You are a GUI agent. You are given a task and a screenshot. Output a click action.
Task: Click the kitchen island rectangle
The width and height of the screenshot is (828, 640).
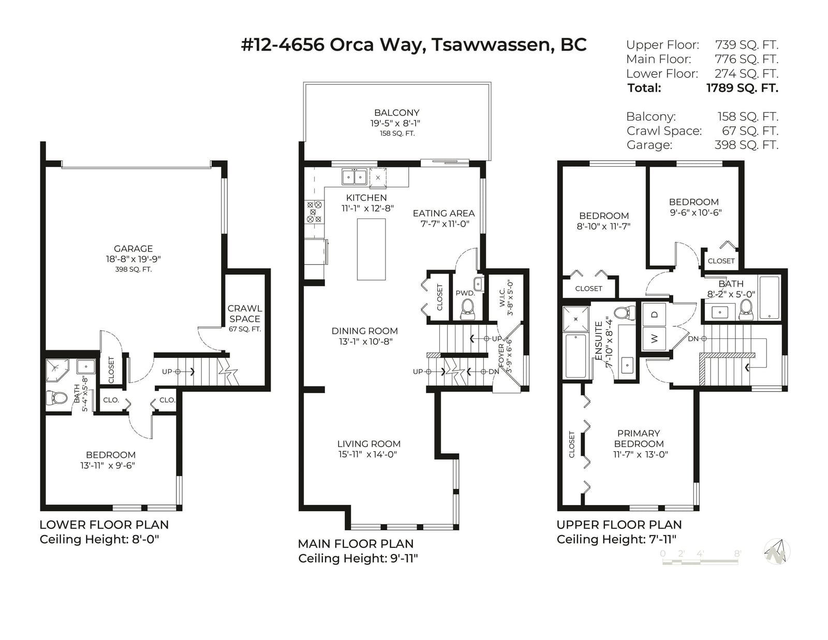[x=371, y=249]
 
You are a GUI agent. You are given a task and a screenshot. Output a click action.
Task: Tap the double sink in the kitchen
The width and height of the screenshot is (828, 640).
[x=354, y=177]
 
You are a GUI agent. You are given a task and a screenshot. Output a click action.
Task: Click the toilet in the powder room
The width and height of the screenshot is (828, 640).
[x=467, y=308]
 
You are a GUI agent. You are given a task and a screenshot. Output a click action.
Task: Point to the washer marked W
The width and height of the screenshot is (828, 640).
[x=654, y=338]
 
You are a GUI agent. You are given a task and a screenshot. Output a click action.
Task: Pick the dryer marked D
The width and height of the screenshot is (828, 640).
[x=654, y=315]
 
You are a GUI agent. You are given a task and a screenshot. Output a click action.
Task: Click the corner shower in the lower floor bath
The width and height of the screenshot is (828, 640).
[x=57, y=370]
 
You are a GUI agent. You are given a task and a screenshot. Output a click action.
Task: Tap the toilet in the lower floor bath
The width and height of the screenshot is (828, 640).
[x=56, y=398]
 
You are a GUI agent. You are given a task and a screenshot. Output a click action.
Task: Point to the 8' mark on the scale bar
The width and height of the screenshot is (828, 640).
[x=737, y=554]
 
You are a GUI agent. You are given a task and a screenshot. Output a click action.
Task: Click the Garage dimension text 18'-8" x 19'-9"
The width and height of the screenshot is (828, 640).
[x=134, y=259]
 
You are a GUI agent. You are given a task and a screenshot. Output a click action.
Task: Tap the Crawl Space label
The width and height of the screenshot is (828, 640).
[x=245, y=314]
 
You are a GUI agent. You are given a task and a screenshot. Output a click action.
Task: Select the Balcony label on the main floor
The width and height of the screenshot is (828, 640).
[x=396, y=113]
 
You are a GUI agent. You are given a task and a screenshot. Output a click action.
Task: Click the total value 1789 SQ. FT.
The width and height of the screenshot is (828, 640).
[x=742, y=88]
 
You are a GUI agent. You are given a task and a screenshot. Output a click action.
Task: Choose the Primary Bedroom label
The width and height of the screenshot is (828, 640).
[x=639, y=438]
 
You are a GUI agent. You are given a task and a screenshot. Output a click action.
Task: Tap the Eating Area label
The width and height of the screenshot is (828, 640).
[x=444, y=213]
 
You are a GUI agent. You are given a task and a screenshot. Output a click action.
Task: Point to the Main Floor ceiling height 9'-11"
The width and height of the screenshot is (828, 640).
[x=404, y=558]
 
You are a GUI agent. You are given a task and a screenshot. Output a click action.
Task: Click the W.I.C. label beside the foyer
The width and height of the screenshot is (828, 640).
[x=502, y=297]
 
